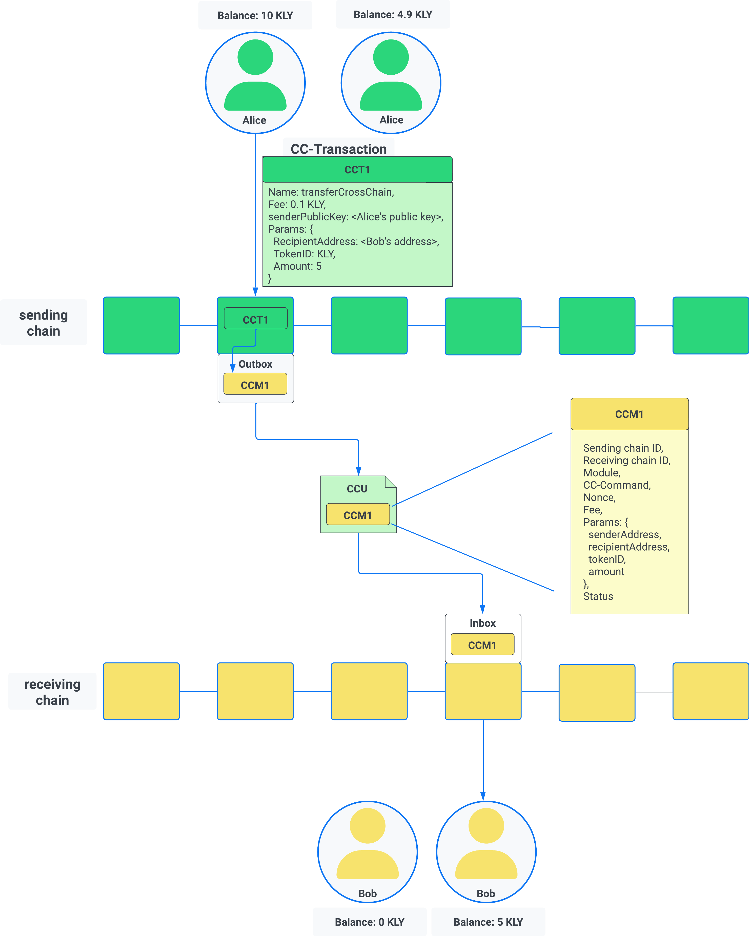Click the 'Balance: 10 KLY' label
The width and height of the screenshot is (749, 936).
point(255,15)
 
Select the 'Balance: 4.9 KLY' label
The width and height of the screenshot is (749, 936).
point(393,14)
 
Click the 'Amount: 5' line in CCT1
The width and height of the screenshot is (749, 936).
point(297,266)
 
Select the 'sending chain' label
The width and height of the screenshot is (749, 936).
point(44,323)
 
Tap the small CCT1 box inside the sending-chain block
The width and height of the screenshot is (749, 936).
point(255,320)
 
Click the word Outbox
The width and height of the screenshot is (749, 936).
point(255,364)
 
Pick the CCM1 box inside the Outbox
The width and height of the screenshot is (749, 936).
point(255,385)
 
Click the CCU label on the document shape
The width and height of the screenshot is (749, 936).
point(357,488)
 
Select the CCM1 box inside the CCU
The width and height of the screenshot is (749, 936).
point(357,515)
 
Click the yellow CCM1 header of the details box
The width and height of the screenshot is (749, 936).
point(629,414)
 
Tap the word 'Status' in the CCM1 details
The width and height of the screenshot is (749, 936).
point(598,596)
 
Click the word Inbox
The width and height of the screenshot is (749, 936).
point(482,623)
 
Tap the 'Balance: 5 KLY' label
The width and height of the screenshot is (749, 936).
point(488,922)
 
